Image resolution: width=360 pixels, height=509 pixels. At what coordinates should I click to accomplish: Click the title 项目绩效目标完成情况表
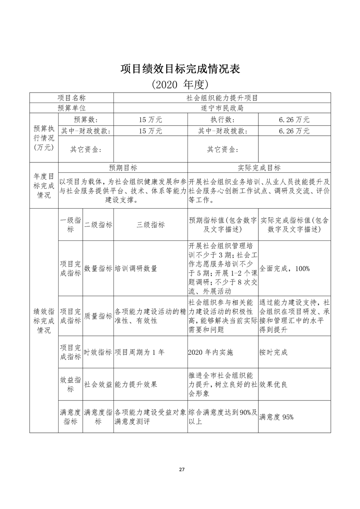pos(180,69)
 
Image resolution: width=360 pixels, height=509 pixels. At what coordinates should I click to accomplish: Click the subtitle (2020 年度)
pos(180,84)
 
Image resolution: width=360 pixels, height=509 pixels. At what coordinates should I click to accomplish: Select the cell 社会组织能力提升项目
pos(222,98)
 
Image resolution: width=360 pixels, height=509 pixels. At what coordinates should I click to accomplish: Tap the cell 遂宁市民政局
pos(222,108)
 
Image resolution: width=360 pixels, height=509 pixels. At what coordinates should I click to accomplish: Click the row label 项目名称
pos(71,98)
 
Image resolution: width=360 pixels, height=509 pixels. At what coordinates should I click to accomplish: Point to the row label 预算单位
pos(71,108)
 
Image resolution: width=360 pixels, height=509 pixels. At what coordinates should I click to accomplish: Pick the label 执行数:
pos(222,120)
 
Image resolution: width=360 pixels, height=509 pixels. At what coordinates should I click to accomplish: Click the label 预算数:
pos(86,120)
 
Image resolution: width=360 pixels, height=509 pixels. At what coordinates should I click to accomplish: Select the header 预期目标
pos(123,167)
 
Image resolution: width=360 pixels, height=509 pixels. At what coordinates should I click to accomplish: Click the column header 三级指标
pos(150,225)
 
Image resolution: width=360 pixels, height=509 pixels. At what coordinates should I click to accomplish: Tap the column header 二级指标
pos(98,225)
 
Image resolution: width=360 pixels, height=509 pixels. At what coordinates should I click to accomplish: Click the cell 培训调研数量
pos(136,269)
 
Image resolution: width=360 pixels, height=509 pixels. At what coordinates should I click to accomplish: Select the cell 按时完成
pos(273,352)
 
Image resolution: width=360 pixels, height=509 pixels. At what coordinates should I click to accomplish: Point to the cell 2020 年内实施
pos(211,352)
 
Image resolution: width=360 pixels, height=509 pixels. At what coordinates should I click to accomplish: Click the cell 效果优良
pos(273,384)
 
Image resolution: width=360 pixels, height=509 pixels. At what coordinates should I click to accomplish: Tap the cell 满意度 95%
pos(276,417)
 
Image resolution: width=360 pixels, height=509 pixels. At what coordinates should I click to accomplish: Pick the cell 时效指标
pos(98,352)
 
